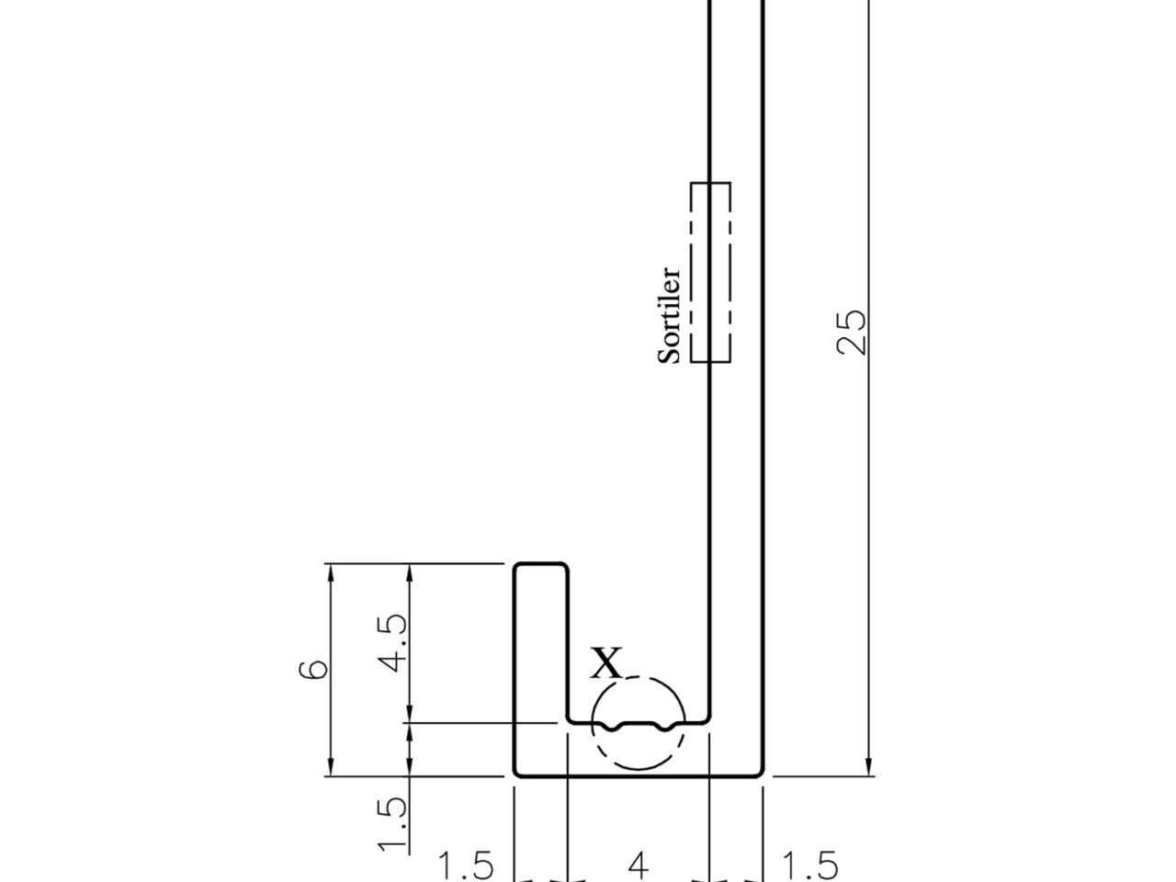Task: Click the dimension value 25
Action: tap(851, 332)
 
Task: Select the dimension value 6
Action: tap(313, 670)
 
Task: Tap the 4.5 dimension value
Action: tap(392, 642)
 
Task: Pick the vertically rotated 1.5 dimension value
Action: tap(392, 824)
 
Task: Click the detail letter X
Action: tap(606, 662)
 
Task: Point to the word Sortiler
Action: tap(669, 315)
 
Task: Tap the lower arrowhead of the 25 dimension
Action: tap(868, 766)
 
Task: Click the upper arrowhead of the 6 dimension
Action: tap(331, 573)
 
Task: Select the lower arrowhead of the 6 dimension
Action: tap(331, 766)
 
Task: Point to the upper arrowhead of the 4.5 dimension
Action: tap(410, 573)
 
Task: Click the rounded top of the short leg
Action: tap(540, 563)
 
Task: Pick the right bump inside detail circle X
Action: tap(664, 728)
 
